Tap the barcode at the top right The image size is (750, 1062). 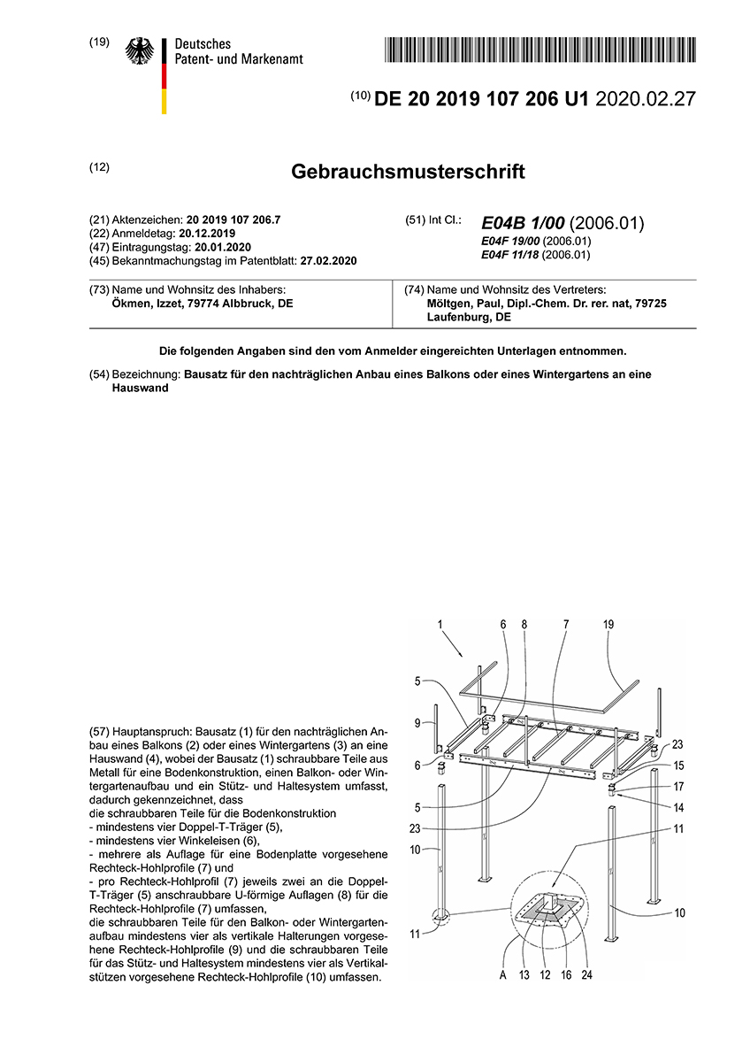point(540,50)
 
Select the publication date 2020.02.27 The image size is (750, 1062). point(646,99)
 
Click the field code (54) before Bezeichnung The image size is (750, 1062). point(99,374)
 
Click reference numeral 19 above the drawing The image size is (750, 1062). point(608,624)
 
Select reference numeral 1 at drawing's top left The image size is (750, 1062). point(440,624)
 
